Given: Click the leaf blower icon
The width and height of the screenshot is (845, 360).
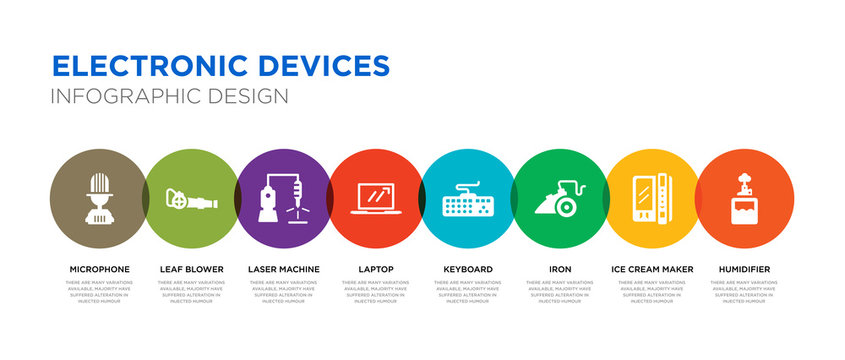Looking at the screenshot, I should [x=189, y=201].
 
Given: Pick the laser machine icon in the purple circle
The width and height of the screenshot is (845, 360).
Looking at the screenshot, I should [x=282, y=200].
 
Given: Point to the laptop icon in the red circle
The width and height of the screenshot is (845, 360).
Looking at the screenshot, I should [x=377, y=199].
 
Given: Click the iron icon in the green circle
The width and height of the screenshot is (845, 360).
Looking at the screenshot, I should [x=560, y=200].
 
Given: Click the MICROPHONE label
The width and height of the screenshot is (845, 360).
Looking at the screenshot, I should [x=99, y=269].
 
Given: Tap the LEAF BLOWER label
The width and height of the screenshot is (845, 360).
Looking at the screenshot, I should [x=191, y=269].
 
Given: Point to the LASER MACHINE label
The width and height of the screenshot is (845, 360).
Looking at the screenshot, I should [x=284, y=269].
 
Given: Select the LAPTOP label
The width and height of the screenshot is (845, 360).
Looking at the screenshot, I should [x=376, y=269].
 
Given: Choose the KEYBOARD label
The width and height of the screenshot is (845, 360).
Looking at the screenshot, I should [x=468, y=269].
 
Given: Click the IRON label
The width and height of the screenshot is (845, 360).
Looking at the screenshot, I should [x=560, y=269].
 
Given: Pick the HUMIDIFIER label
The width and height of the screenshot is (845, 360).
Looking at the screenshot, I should [x=744, y=269].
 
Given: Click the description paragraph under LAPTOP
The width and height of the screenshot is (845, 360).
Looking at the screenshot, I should [x=376, y=291].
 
